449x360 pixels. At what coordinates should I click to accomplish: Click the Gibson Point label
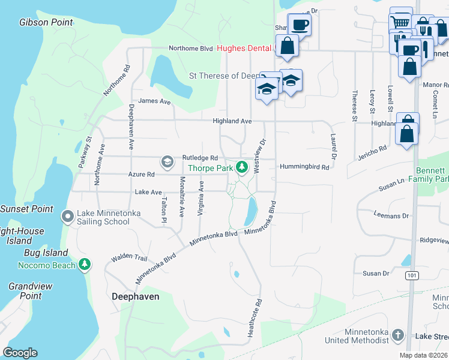pos(46,23)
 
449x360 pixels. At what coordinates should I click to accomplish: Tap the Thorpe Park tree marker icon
pos(241,167)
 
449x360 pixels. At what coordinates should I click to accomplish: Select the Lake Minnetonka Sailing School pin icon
pos(68,215)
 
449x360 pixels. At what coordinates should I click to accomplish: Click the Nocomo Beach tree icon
pos(85,265)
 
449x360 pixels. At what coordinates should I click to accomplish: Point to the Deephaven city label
pos(135,296)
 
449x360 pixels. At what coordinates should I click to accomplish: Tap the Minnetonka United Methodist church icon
pos(397,334)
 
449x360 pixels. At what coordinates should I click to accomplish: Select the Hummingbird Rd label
pos(304,167)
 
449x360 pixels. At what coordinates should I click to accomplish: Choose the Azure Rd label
pos(141,174)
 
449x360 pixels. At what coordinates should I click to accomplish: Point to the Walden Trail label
pos(128,259)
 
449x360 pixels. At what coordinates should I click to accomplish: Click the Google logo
pos(20,352)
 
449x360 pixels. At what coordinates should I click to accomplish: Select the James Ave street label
pos(154,102)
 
